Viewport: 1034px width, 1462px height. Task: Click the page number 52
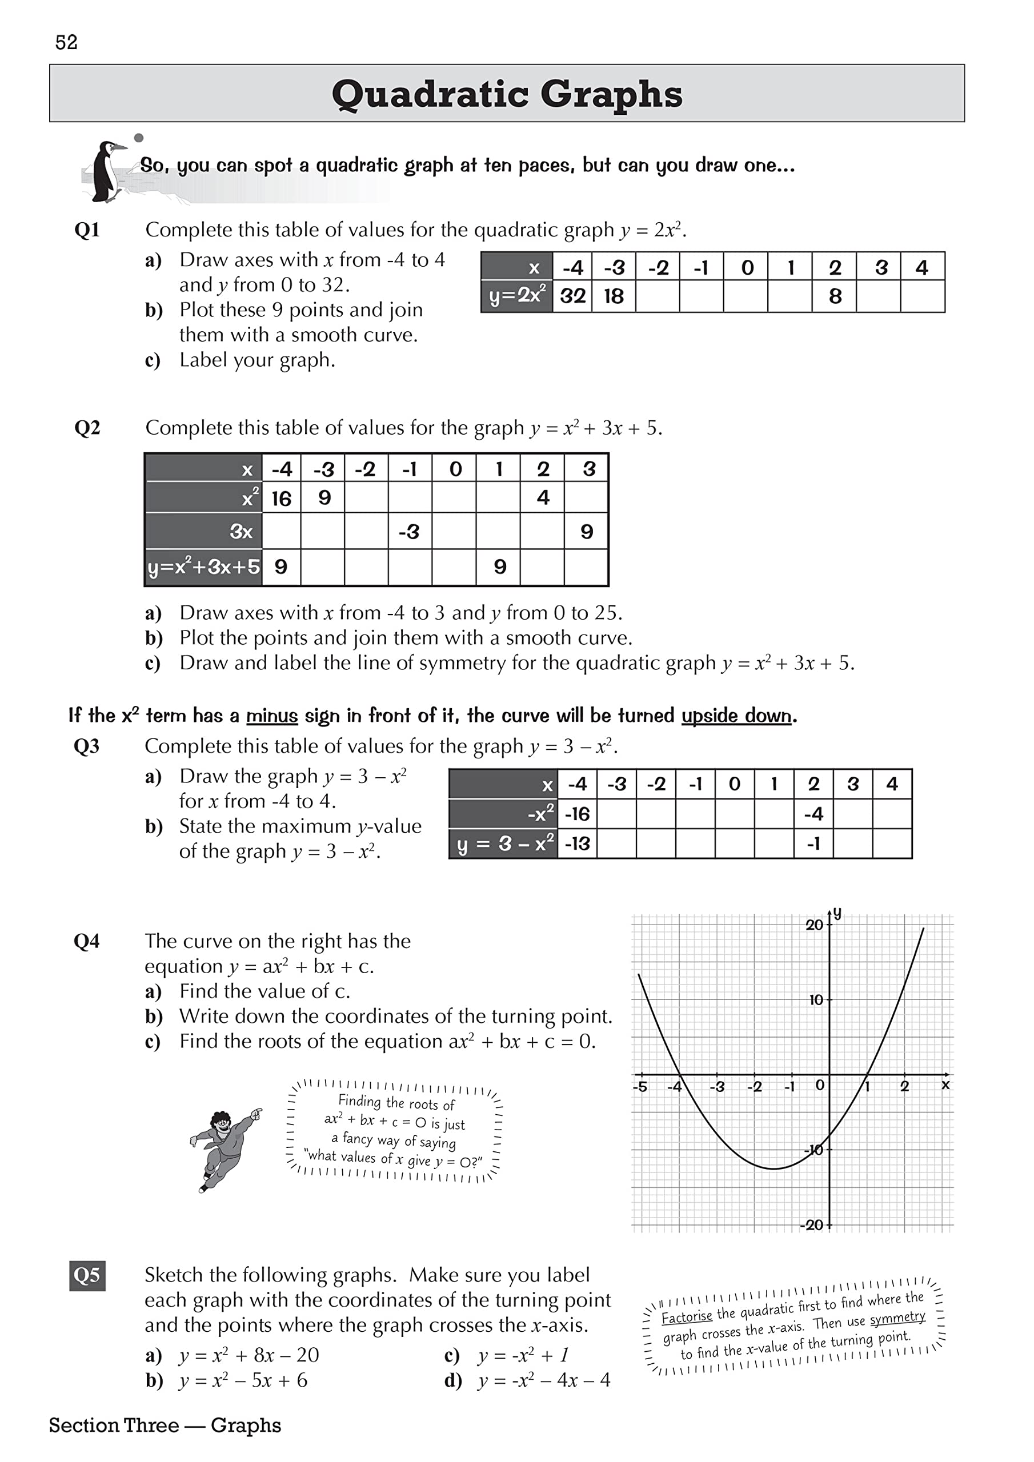66,43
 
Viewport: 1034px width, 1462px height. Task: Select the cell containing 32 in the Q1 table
572,296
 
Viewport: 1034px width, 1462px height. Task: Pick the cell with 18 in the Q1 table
614,296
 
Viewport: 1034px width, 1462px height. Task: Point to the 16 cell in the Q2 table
281,498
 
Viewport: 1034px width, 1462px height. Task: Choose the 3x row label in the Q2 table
241,532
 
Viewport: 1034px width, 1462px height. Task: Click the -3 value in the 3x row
409,532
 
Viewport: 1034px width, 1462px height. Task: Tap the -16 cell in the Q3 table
577,814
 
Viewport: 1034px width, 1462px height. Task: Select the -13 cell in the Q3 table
577,844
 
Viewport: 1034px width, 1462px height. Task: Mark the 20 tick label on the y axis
813,925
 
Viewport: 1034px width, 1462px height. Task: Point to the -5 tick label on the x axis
640,1087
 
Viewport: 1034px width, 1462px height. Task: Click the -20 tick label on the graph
812,1224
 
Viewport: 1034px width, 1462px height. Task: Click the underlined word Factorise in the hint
686,1316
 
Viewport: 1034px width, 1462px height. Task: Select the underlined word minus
272,716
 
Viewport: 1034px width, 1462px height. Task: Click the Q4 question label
87,941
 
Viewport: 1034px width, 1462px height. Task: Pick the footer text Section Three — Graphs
165,1425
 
